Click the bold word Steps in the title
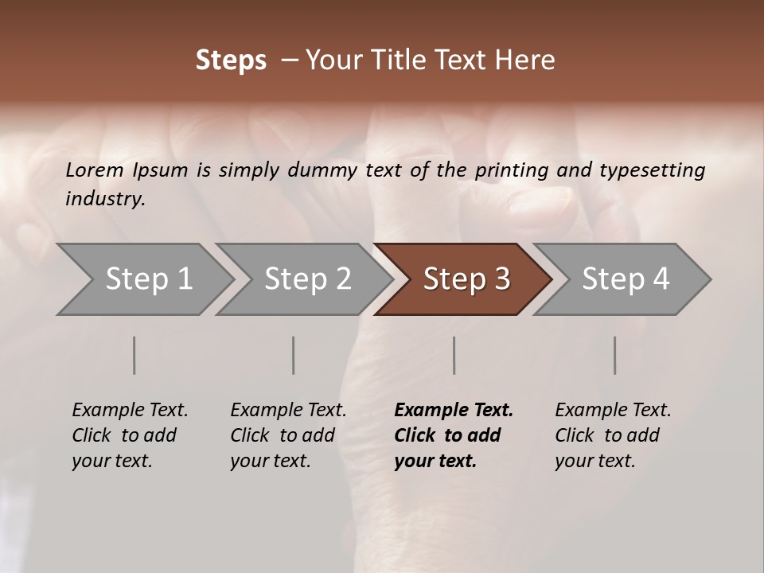pos(231,60)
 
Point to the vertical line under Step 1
pos(134,355)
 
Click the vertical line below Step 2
pos(294,355)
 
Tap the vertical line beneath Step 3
pos(454,355)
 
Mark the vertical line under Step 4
pos(615,355)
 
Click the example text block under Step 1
pos(130,435)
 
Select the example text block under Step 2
pos(288,435)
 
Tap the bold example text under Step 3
pos(454,435)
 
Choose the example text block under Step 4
pos(613,435)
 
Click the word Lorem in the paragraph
pos(94,170)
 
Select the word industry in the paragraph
pos(105,199)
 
